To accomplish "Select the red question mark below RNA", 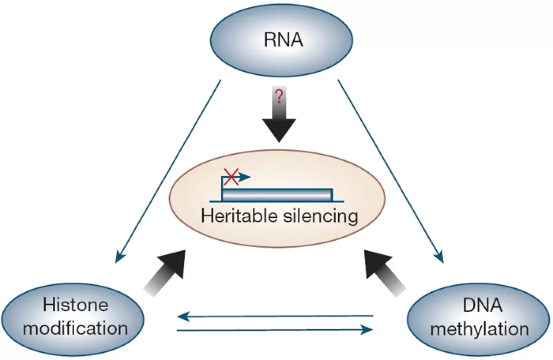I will click(279, 96).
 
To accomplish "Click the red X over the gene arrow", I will click(230, 177).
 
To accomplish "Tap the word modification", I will click(76, 328).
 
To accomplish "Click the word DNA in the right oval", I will click(480, 306).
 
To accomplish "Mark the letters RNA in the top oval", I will click(283, 41).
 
